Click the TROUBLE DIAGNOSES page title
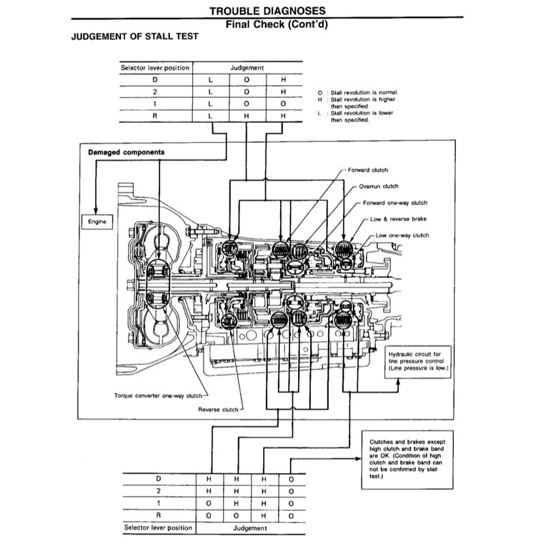point(268,11)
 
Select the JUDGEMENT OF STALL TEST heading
point(135,36)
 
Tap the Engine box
point(97,222)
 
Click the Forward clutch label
point(367,170)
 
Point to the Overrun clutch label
point(378,187)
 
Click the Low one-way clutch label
point(402,235)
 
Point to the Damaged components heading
point(126,152)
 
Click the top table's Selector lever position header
point(155,68)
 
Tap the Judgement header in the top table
point(247,68)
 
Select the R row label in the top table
point(155,116)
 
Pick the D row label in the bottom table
point(159,478)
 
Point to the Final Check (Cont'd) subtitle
point(268,24)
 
